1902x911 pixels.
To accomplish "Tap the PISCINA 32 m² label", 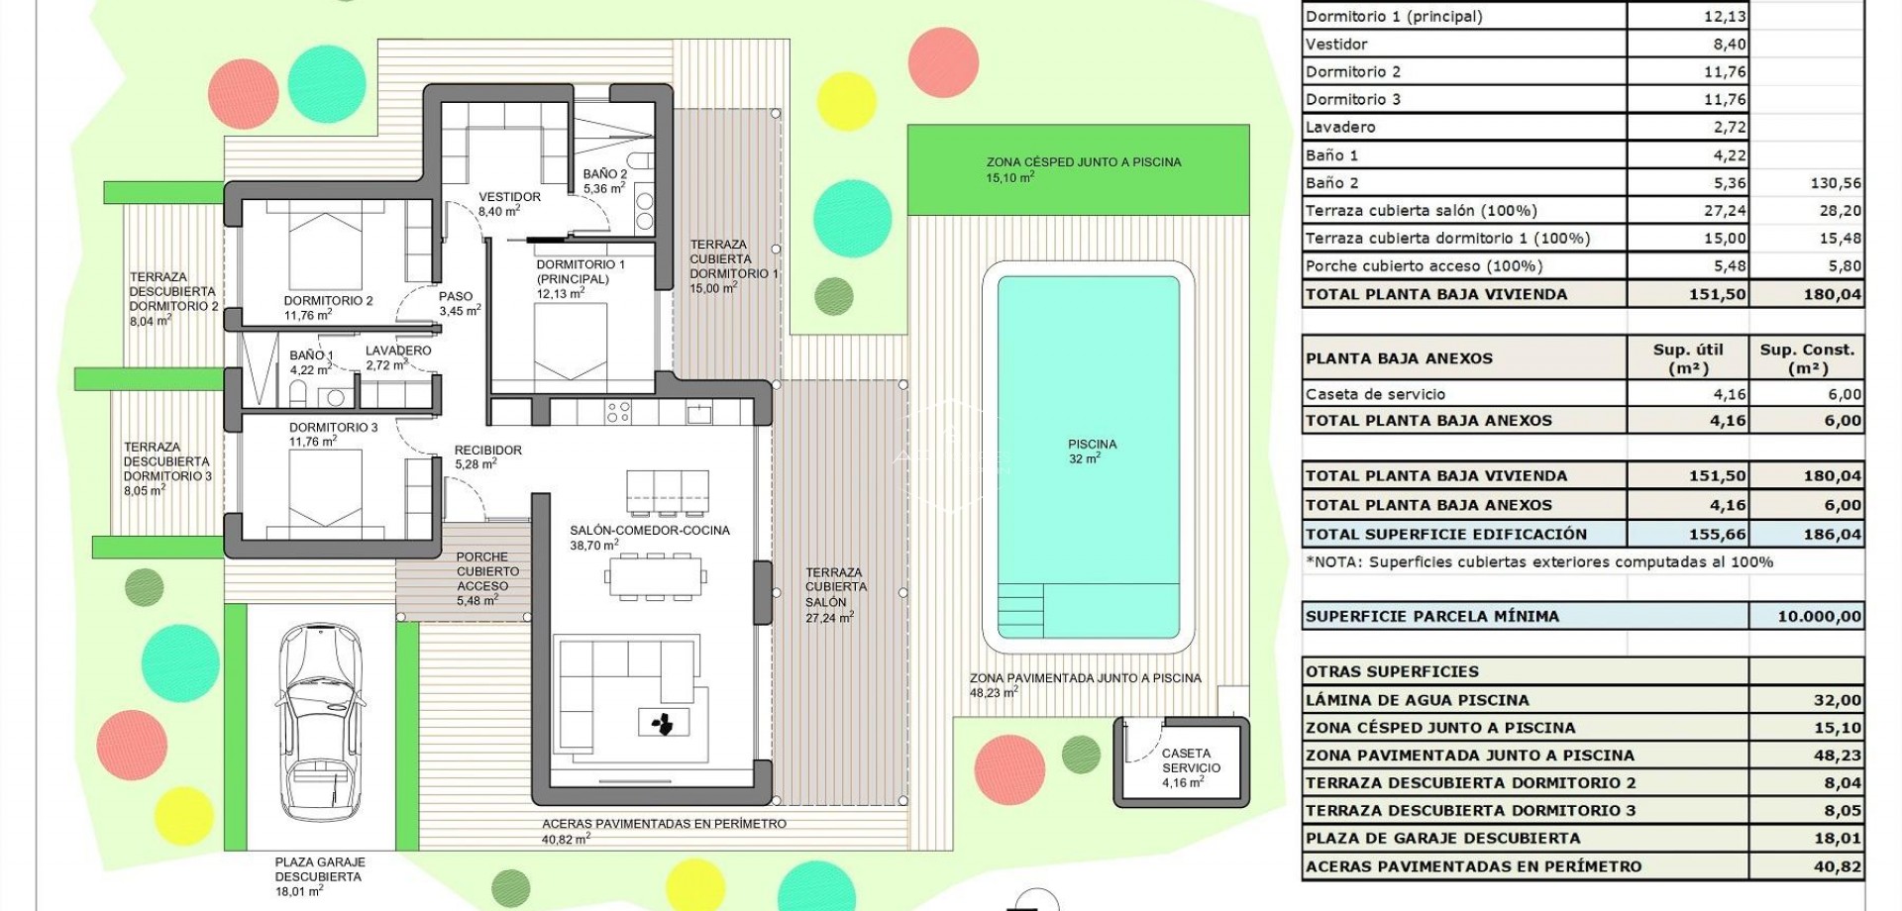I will [1092, 452].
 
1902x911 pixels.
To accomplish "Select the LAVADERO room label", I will [397, 357].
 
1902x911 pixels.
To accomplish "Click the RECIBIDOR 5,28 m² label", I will [486, 456].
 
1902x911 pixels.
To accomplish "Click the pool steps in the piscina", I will [1020, 609].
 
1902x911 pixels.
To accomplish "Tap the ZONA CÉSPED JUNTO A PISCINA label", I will [1083, 169].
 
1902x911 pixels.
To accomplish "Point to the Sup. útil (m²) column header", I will [1688, 358].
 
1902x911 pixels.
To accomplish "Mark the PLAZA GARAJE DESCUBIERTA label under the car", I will [319, 876].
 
